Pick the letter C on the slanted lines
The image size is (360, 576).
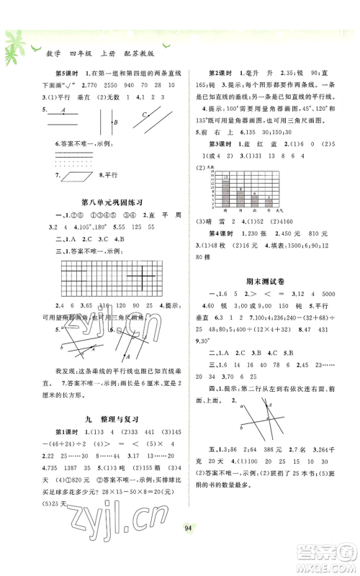[x=143, y=113]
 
